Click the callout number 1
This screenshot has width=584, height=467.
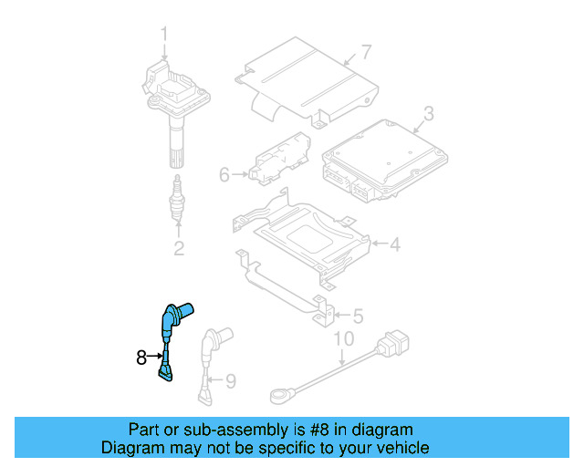[x=165, y=36]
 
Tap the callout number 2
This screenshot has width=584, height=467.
[x=179, y=248]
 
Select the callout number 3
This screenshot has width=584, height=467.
[x=427, y=115]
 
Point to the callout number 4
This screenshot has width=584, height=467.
[x=394, y=244]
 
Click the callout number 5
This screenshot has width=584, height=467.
[x=358, y=317]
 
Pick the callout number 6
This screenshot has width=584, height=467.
[x=224, y=173]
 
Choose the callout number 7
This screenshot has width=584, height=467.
[x=366, y=51]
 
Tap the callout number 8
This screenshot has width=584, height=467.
[x=141, y=358]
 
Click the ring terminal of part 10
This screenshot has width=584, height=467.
[x=280, y=395]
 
